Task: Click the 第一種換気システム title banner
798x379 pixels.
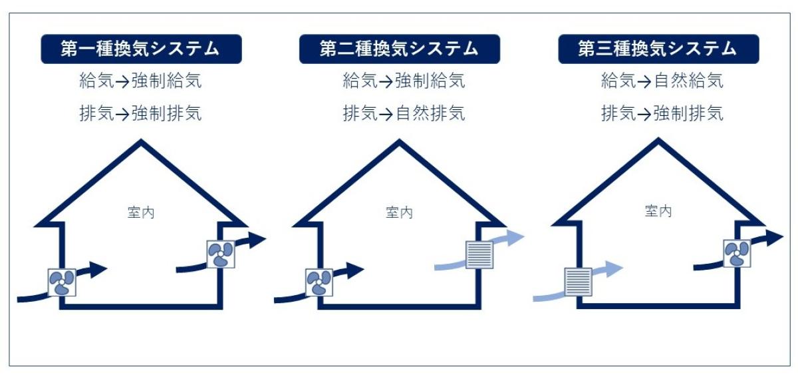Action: point(141,49)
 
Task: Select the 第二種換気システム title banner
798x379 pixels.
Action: point(399,49)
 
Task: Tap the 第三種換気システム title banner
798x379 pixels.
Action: point(658,49)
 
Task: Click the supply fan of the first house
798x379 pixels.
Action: point(62,282)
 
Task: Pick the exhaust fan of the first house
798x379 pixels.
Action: point(220,254)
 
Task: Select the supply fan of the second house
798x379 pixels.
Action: point(319,282)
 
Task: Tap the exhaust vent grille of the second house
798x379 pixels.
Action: point(479,254)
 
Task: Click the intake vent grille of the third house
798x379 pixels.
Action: point(578,282)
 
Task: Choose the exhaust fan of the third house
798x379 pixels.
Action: point(737,253)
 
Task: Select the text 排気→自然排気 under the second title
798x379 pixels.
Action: point(404,113)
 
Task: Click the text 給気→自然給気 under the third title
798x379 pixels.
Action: point(662,82)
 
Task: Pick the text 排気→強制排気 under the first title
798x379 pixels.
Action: point(140,113)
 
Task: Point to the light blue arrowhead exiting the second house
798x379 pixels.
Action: point(517,238)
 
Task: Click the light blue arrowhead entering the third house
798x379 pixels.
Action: point(614,268)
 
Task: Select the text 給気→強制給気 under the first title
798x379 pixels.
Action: point(140,82)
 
